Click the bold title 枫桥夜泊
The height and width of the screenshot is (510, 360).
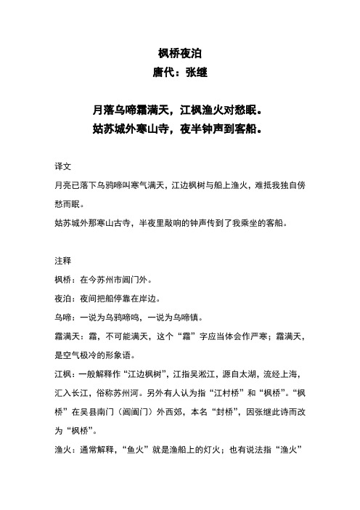179,53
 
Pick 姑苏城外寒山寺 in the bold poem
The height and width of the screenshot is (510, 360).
133,131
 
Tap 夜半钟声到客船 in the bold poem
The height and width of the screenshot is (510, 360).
221,131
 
